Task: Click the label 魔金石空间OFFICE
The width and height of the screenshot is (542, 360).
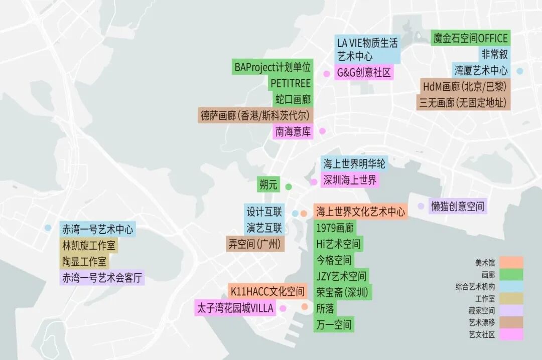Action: point(470,38)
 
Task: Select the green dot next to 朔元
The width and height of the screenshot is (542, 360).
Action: point(289,187)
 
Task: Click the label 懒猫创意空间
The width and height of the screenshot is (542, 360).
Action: point(458,206)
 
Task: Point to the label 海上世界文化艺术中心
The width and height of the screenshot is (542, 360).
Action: point(360,212)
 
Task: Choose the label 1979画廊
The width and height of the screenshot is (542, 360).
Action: point(335,228)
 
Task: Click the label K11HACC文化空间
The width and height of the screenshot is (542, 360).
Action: point(267,291)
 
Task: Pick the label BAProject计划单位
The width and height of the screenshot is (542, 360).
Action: point(273,67)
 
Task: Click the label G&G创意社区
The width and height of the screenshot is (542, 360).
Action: point(364,72)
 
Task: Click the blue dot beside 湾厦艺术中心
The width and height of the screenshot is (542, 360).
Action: point(520,71)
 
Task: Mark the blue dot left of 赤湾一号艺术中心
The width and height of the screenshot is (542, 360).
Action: point(48,228)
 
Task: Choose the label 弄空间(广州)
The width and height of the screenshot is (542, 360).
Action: point(255,244)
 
